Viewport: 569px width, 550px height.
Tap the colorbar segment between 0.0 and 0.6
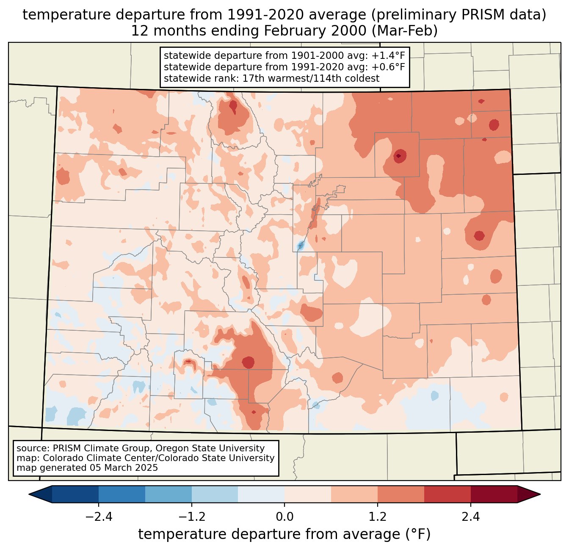pos(308,494)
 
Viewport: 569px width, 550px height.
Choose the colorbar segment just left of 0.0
pos(261,494)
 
